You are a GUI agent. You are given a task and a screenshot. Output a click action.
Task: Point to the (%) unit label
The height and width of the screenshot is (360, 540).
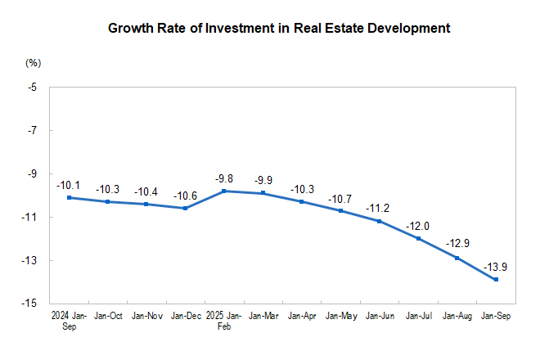[33, 63]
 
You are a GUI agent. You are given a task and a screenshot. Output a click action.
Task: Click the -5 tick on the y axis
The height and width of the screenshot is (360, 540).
[34, 88]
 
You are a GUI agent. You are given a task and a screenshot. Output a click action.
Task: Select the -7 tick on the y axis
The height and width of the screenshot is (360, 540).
[34, 131]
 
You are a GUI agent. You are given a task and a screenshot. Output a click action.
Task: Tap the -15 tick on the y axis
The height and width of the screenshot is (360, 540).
[32, 304]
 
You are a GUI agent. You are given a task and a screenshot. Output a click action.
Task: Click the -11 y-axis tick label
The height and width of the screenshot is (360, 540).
[32, 218]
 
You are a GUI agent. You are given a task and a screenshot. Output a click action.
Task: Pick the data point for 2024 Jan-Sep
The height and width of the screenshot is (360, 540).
[69, 197]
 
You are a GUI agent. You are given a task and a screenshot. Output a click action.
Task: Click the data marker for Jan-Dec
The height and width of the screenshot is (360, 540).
[185, 208]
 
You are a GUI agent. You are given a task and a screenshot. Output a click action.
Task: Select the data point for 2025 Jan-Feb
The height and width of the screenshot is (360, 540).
[224, 191]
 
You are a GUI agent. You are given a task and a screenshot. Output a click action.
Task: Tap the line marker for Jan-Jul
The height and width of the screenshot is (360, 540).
[418, 238]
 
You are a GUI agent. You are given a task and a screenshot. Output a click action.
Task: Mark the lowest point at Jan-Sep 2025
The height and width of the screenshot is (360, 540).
[496, 279]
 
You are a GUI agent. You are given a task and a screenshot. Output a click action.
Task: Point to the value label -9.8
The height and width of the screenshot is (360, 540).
[224, 178]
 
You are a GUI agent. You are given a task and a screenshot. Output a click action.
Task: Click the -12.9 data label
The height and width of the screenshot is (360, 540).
[457, 244]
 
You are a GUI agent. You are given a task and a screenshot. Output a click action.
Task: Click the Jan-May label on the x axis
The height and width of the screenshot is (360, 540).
[340, 315]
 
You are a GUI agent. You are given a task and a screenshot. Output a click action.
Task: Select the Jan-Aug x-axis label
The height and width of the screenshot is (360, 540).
[457, 315]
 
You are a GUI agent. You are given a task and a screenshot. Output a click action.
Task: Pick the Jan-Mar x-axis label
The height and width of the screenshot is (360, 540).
[263, 315]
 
